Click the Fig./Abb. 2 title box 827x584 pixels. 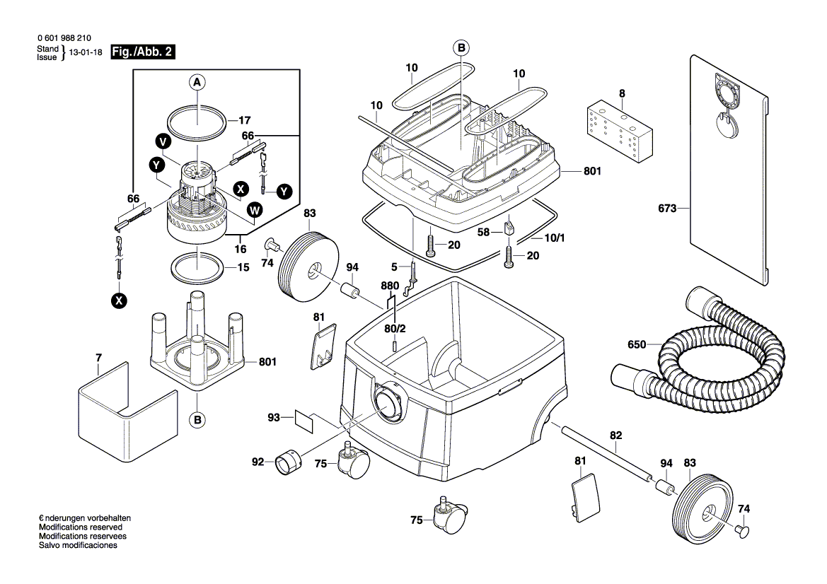[142, 52]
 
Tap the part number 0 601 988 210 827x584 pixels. [64, 38]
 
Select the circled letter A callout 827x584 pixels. [197, 83]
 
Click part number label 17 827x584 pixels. [244, 120]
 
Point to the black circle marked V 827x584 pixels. [163, 142]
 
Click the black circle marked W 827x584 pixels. [255, 210]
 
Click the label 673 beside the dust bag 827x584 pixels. [667, 208]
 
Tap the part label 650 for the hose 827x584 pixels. [637, 344]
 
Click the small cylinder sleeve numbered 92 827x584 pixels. [288, 462]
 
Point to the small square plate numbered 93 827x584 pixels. [303, 421]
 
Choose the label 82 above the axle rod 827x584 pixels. [616, 436]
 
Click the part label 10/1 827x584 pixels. [555, 238]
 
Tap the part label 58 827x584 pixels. [483, 232]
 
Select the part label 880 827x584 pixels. [391, 286]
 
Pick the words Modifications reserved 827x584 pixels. [81, 527]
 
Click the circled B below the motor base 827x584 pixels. [197, 420]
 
